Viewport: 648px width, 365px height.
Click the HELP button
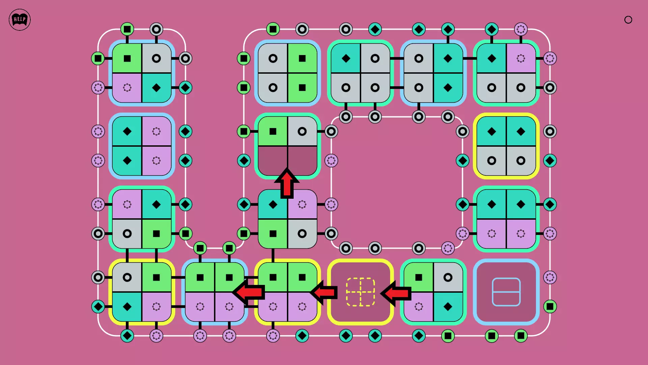tap(20, 20)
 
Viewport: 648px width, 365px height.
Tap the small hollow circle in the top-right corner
tap(628, 20)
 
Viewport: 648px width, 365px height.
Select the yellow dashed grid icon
tap(360, 292)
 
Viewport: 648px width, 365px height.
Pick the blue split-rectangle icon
tap(506, 292)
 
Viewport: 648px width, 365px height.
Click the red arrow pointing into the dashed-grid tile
tap(397, 293)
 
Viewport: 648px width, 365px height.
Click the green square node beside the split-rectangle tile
tap(550, 307)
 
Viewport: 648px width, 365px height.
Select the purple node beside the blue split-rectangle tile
tap(550, 277)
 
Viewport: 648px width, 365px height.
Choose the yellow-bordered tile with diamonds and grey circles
tap(506, 146)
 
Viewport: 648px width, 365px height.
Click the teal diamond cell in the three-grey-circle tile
tap(346, 58)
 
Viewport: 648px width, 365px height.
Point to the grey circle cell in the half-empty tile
tap(302, 131)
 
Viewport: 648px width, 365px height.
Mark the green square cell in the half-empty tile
tap(273, 131)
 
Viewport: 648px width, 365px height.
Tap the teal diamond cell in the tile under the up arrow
tap(273, 204)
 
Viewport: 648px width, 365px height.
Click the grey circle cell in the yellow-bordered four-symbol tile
tap(127, 277)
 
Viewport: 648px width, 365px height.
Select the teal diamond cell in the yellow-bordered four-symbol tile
tap(127, 307)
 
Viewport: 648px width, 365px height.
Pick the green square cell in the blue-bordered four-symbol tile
tap(127, 58)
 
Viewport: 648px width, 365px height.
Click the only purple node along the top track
tap(521, 29)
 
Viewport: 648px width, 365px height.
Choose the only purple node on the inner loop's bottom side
tap(448, 248)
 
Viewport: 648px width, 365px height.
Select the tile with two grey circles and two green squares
tap(288, 73)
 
